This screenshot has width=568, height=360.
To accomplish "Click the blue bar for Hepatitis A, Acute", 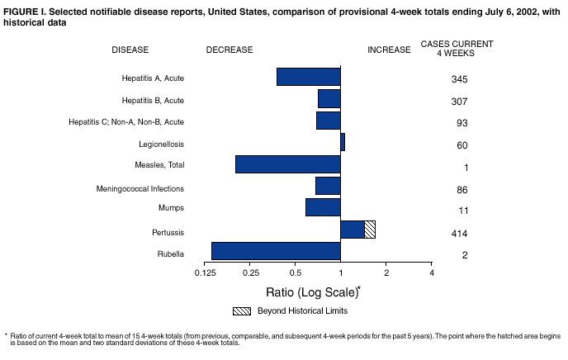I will click(309, 77).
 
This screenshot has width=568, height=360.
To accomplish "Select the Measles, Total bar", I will click(288, 163).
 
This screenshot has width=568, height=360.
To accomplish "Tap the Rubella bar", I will click(276, 251).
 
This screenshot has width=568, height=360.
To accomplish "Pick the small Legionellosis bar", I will click(343, 142).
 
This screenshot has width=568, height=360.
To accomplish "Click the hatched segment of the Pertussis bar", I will click(370, 230).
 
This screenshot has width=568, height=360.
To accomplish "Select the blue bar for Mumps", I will click(323, 207).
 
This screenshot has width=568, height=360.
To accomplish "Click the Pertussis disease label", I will click(168, 233).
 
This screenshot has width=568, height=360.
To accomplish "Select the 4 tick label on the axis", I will click(431, 272).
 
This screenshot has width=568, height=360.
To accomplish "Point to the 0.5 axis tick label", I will click(296, 272).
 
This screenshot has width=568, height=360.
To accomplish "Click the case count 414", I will click(460, 234).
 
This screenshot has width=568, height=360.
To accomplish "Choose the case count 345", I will click(460, 80).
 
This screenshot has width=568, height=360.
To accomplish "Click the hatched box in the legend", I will click(241, 310).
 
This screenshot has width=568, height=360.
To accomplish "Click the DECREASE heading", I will click(230, 50).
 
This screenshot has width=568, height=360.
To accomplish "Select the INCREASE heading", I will click(389, 50).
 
